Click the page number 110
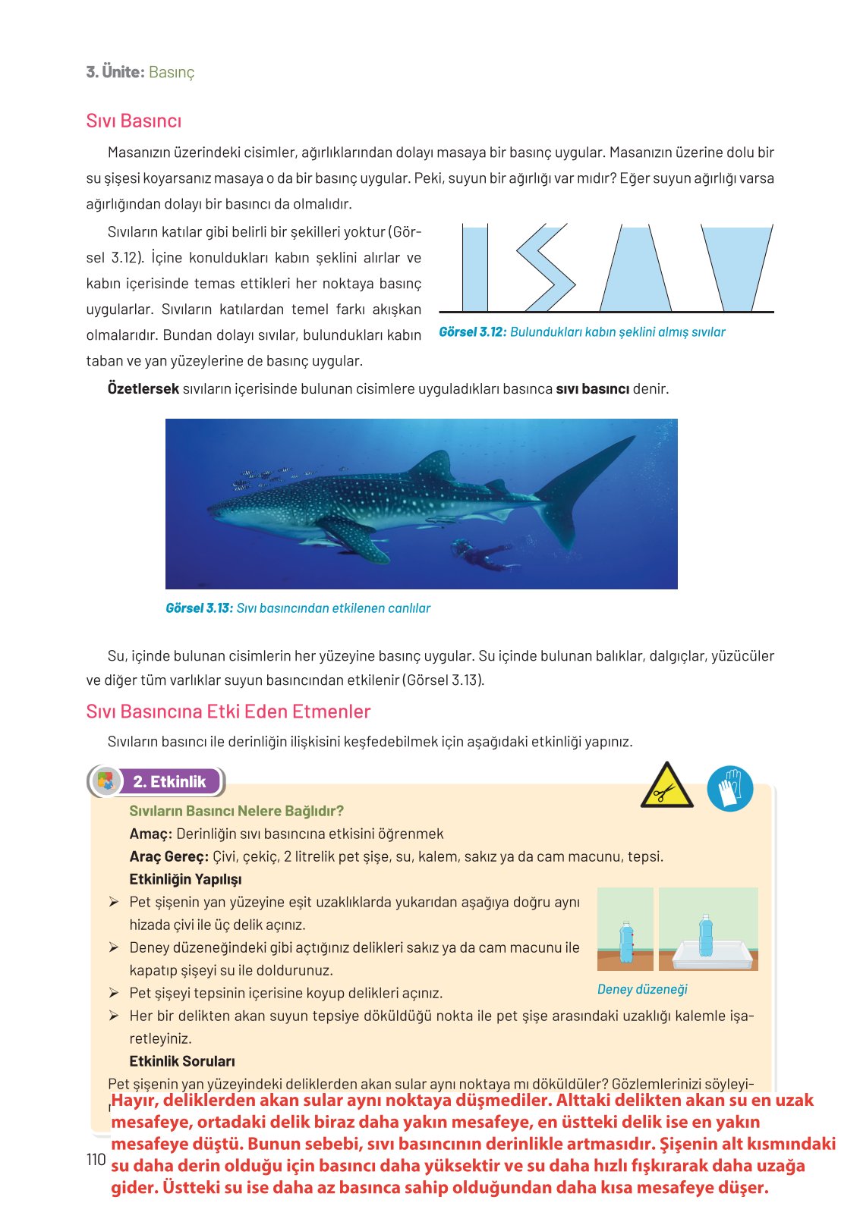point(96,1159)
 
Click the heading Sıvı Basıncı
point(134,121)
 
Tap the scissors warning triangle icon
point(666,787)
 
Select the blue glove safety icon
point(729,788)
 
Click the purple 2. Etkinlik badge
point(169,782)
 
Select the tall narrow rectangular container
point(474,269)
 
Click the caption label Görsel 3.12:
point(472,332)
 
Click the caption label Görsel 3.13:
point(199,608)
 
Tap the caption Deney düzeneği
point(642,989)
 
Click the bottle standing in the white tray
point(706,937)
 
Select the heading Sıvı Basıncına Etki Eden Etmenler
point(228,711)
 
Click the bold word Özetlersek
point(143,389)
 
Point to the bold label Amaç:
point(150,834)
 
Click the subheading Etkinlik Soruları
point(182,1061)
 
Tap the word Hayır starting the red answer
point(134,1101)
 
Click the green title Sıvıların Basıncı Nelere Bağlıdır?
point(236,811)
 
